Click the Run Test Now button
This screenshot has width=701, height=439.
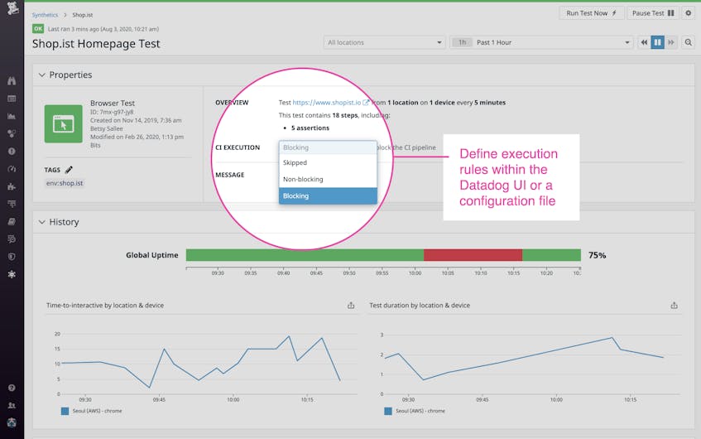tap(592, 13)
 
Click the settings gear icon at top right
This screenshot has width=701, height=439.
tap(688, 13)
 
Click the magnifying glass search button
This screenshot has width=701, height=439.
tap(688, 42)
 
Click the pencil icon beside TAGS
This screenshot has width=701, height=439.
tap(70, 170)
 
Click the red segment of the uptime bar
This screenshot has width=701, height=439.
tap(473, 255)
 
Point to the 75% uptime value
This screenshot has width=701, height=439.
tap(597, 255)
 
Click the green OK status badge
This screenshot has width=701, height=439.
tap(38, 28)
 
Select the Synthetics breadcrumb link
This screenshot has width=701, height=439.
tap(45, 15)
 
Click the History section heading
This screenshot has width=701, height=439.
tap(64, 222)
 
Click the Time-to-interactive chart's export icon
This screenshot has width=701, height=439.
tap(351, 306)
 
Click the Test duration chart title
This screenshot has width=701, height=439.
tap(420, 306)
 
